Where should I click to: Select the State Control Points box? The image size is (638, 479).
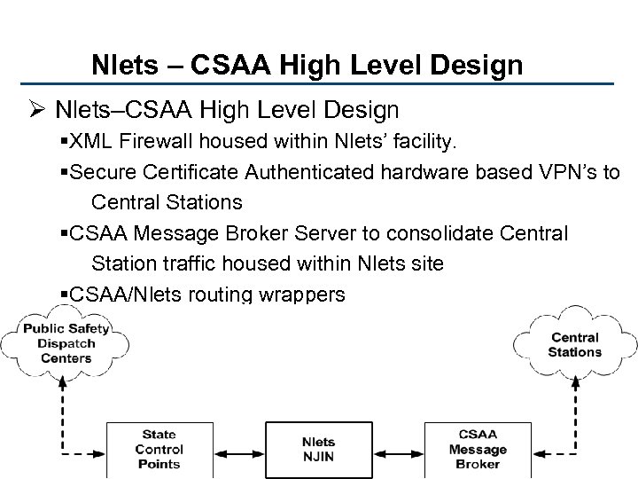click(x=159, y=449)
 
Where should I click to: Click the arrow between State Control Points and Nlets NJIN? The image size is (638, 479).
click(x=239, y=449)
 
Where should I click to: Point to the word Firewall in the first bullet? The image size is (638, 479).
click(x=166, y=141)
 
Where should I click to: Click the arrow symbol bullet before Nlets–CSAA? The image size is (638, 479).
click(x=39, y=110)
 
